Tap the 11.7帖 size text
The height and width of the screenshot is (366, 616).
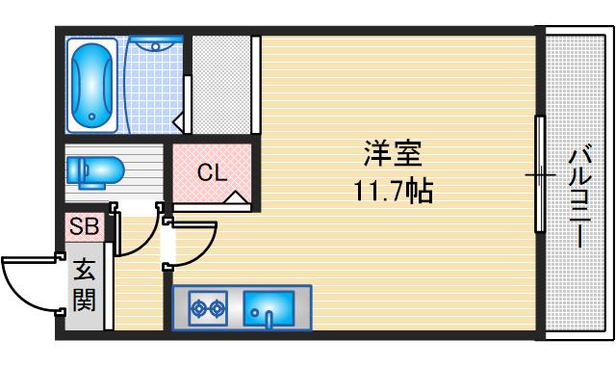coord(392,192)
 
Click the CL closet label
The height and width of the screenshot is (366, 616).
coord(211,173)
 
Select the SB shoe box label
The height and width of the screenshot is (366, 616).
coord(83,228)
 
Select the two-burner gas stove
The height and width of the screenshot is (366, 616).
coord(206,308)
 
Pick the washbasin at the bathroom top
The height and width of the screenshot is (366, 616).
coord(155,42)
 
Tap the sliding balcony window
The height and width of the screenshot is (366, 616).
coord(540,174)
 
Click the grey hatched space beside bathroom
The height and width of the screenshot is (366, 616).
coord(221,85)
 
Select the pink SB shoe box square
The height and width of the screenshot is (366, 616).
coord(85,228)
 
